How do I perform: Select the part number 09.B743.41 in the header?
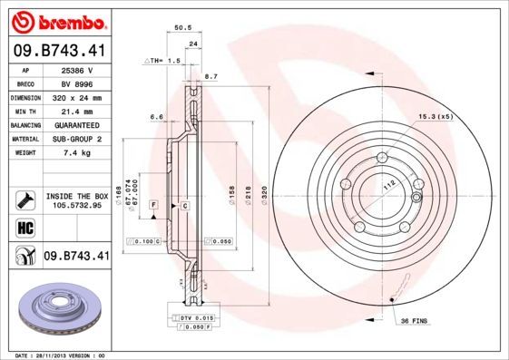(57, 53)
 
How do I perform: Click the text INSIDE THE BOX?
(76, 196)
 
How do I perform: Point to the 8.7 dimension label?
(212, 77)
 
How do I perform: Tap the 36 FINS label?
(414, 320)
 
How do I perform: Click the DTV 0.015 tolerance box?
(192, 318)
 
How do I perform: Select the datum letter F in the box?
(153, 207)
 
